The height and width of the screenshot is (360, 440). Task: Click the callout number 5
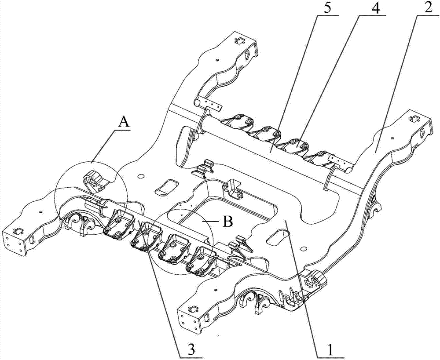327,7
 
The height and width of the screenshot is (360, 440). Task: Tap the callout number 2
428,7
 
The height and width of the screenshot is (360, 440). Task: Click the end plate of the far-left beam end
15,242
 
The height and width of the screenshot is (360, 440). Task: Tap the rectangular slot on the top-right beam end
414,119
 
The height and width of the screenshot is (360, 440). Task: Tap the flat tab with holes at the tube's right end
338,160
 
